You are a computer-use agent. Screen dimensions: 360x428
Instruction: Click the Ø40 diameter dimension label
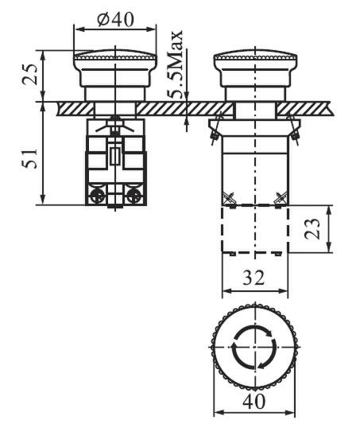[x=116, y=19]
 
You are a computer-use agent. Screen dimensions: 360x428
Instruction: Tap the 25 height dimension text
[x=29, y=75]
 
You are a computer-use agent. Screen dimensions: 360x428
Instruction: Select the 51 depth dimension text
[x=29, y=159]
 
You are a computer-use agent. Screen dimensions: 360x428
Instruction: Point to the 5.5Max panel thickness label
[x=175, y=64]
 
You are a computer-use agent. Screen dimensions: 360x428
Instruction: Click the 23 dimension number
[x=312, y=229]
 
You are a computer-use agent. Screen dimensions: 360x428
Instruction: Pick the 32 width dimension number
[x=254, y=278]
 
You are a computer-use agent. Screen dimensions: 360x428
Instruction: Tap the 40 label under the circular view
[x=254, y=402]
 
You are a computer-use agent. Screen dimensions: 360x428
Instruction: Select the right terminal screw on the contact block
[x=134, y=196]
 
